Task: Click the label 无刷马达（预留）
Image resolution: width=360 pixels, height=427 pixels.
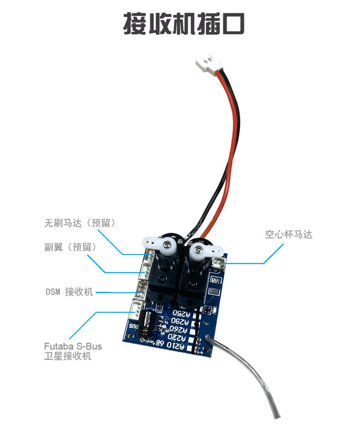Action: (81, 223)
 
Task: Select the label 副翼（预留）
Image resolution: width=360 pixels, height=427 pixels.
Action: (71, 247)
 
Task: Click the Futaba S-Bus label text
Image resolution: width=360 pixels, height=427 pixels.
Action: (73, 346)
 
